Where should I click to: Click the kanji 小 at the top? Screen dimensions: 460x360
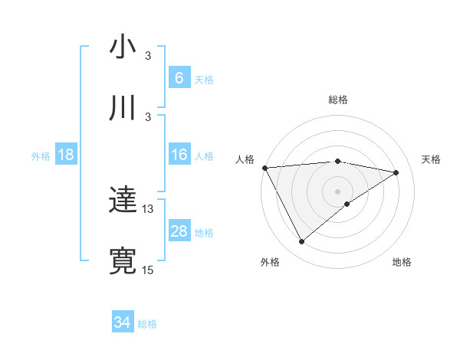123,47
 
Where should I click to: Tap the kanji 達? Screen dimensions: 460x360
123,201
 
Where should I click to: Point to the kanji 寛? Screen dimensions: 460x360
123,260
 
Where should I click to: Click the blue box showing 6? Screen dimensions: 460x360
179,77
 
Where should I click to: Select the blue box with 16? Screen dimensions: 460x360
179,155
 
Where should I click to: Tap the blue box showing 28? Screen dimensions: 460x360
179,231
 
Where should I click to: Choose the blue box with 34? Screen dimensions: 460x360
123,322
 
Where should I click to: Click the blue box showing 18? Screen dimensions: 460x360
66,155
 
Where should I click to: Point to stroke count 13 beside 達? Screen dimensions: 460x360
148,208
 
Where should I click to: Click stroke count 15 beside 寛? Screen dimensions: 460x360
148,269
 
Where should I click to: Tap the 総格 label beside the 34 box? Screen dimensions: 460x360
147,324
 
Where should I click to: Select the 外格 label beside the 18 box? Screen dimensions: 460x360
41,156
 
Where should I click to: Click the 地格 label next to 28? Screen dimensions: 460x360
204,232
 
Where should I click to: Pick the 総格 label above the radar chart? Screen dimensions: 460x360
338,100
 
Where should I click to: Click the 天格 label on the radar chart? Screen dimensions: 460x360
431,159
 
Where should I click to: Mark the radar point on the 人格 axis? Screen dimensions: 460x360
264,168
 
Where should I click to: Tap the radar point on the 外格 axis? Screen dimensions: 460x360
301,242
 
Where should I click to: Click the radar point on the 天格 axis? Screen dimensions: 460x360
396,172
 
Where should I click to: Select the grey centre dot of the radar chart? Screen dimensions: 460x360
337,191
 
